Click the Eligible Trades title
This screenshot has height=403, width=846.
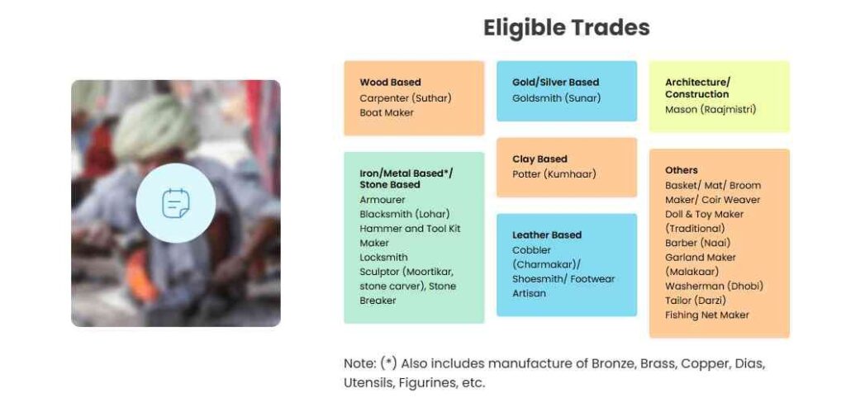pos(566,28)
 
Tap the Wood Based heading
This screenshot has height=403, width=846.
pos(390,83)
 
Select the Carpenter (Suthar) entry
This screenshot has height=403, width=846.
pos(405,98)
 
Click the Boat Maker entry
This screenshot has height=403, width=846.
pos(387,113)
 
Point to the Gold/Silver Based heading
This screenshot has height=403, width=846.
pos(555,83)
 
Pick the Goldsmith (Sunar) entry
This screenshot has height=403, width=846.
pos(556,98)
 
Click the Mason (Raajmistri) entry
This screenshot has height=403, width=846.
pos(710,110)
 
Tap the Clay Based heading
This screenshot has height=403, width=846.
pos(539,159)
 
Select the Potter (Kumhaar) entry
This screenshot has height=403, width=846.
pos(554,174)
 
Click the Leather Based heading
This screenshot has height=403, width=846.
pos(547,235)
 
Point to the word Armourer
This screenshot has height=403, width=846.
pos(382,200)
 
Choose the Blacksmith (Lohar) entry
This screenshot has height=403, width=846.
pos(405,214)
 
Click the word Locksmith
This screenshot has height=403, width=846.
pos(383,258)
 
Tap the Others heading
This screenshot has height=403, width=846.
pos(681,170)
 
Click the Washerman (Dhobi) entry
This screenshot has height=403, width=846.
pos(714,286)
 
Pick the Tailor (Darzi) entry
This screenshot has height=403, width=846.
pos(696,301)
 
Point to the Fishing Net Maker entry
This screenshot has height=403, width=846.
pos(707,315)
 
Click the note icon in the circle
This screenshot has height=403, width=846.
pos(176,203)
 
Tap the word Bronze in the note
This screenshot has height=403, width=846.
pos(614,363)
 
